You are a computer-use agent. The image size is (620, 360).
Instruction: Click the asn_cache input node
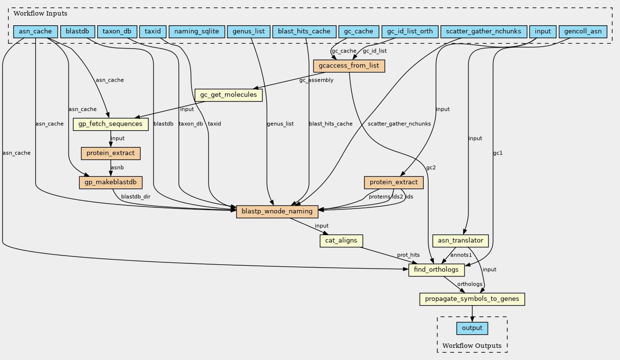pos(35,32)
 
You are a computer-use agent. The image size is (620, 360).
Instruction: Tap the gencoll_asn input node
pos(583,32)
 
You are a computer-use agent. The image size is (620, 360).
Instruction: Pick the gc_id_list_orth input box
pos(410,32)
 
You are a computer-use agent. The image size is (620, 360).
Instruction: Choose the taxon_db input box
pos(117,32)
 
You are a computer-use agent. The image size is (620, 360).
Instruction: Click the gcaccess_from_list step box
pos(349,66)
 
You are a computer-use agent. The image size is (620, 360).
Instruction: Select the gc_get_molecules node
pos(228,95)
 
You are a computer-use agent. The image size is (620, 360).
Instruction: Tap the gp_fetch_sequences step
pos(110,124)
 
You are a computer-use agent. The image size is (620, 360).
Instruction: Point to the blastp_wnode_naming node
pos(277,212)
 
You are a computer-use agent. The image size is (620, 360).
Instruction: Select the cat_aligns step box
pos(341,240)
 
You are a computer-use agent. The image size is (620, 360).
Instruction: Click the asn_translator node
pos(460,240)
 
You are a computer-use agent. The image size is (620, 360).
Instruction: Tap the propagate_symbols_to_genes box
pos(472,299)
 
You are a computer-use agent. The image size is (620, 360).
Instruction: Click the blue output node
pos(472,328)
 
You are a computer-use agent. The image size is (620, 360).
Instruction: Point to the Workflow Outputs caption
pos(472,345)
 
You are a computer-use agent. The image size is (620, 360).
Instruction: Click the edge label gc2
pos(431,168)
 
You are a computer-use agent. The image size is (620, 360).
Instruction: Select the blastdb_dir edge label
pos(136,197)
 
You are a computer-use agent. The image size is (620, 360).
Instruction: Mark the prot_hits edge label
pos(408,255)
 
